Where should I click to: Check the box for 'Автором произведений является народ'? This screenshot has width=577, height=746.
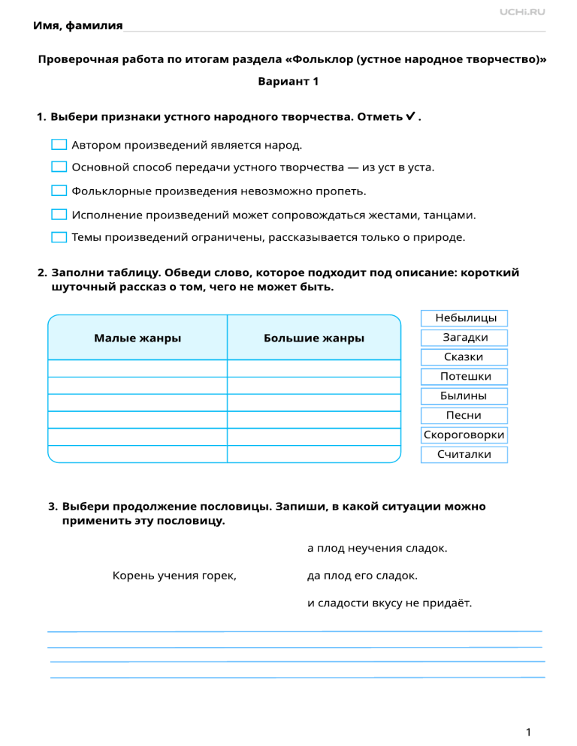click(x=59, y=145)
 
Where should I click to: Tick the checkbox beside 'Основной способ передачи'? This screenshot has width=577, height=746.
click(x=59, y=167)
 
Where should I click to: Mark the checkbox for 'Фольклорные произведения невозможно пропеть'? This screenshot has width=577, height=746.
click(x=59, y=191)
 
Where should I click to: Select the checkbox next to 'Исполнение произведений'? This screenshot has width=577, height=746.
click(x=59, y=215)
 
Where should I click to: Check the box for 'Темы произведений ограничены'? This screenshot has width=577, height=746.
click(x=59, y=237)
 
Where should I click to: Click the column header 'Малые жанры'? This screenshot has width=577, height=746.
click(x=137, y=338)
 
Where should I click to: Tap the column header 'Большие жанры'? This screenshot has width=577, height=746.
click(x=314, y=338)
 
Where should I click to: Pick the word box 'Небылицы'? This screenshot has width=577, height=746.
click(x=464, y=319)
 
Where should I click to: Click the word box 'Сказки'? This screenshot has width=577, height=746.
click(x=464, y=357)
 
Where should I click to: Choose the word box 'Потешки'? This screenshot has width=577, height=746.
click(x=465, y=377)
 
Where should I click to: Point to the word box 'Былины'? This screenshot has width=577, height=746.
click(x=464, y=396)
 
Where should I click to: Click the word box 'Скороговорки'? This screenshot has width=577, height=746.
click(x=464, y=435)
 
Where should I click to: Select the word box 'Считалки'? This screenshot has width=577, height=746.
click(x=465, y=455)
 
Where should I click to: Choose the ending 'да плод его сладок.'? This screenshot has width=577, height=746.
click(x=363, y=576)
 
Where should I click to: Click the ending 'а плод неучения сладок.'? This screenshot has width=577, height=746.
click(x=378, y=549)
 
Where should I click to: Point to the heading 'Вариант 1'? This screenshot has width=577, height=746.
click(x=288, y=81)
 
